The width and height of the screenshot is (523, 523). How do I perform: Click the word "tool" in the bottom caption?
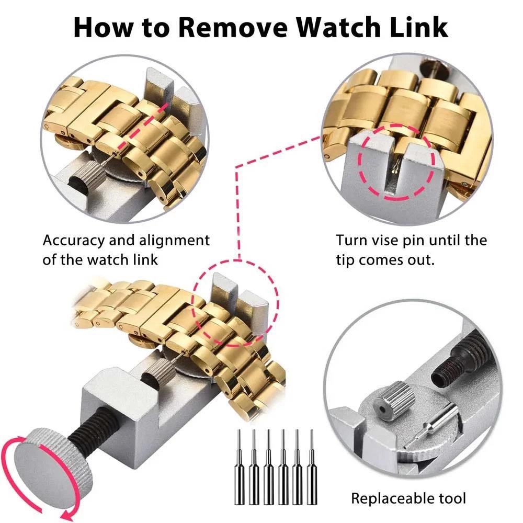pyautogui.click(x=450, y=498)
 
